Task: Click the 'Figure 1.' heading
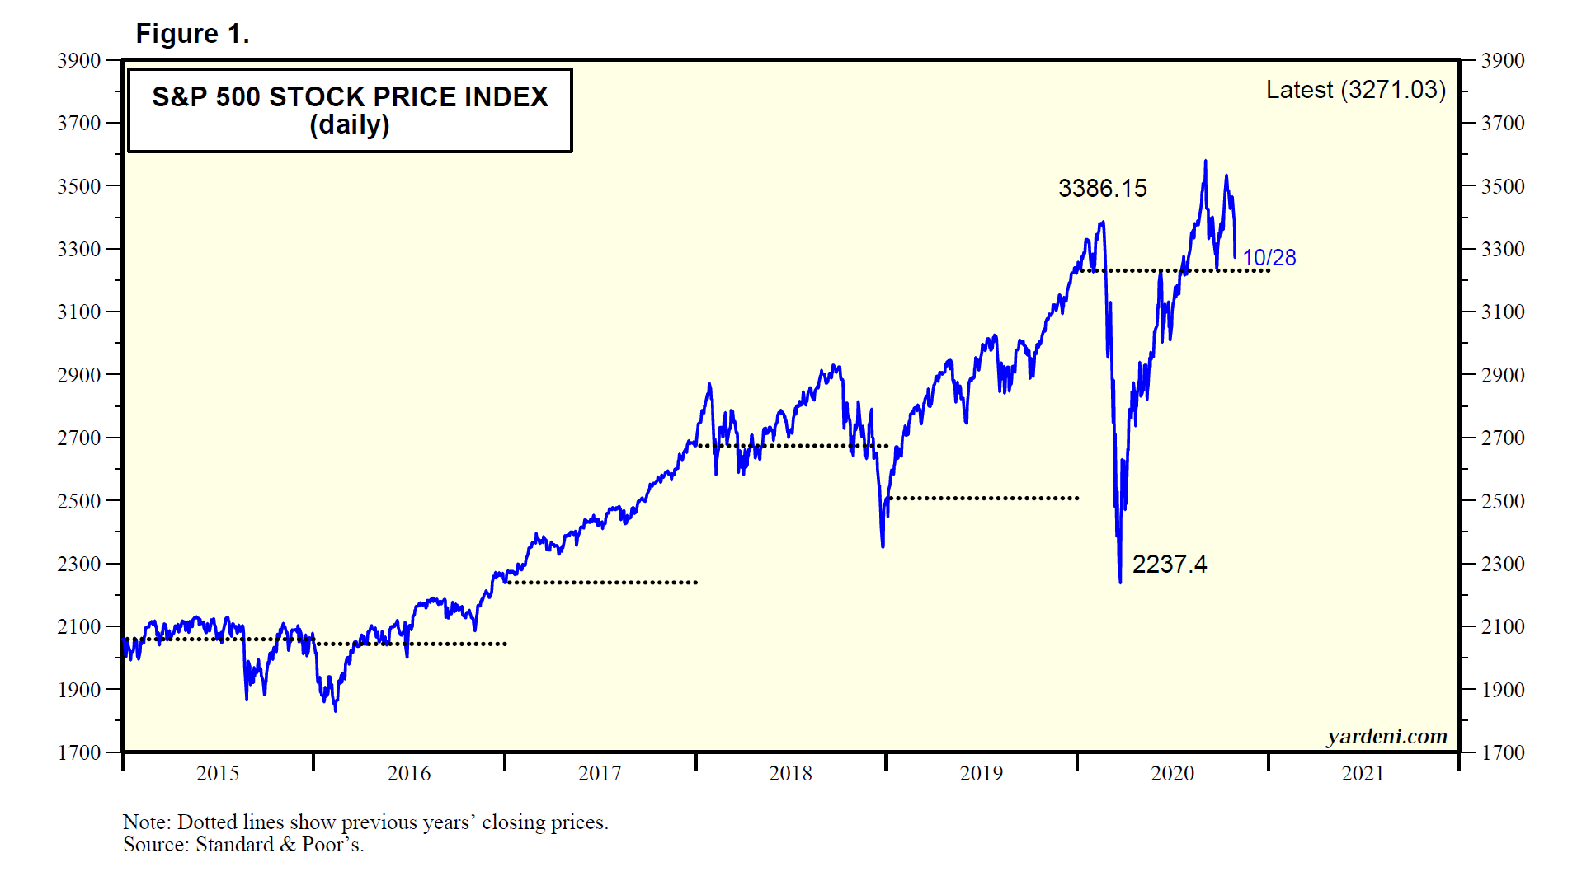[192, 34]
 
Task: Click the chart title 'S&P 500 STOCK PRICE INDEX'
[350, 97]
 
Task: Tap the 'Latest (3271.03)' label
[1355, 90]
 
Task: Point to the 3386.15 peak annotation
[1102, 189]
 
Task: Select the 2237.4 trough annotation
[1169, 565]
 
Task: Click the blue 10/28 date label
[1269, 258]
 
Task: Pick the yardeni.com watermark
[1386, 736]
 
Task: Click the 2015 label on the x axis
[218, 773]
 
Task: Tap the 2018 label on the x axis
[790, 773]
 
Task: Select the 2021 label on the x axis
[1363, 773]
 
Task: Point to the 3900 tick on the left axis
[79, 60]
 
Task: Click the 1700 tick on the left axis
[79, 752]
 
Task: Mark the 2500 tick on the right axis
[1503, 501]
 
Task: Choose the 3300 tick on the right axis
[1503, 249]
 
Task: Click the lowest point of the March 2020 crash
[1120, 582]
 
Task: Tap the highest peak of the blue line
[1205, 162]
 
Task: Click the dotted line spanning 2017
[601, 583]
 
